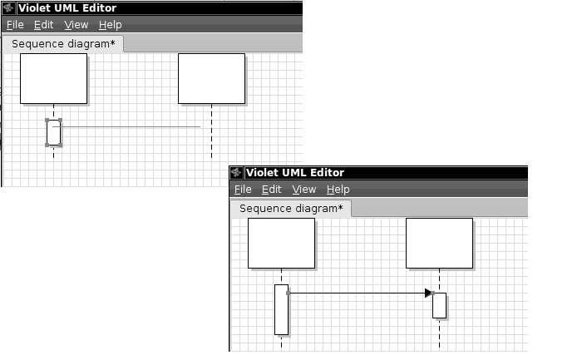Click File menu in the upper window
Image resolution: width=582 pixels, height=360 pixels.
pos(15,25)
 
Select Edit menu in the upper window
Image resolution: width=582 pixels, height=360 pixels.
pos(44,25)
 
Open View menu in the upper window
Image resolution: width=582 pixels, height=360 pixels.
pos(76,25)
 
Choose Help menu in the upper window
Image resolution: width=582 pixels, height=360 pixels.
pos(111,25)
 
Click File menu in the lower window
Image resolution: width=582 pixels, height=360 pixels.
pos(243,190)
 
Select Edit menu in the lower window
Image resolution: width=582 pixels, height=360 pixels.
pos(272,190)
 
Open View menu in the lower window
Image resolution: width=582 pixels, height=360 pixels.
pos(304,190)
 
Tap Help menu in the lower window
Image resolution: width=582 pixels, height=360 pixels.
pos(338,190)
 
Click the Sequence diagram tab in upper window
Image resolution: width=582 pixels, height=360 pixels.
pos(63,44)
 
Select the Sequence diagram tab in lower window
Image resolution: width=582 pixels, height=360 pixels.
pos(291,209)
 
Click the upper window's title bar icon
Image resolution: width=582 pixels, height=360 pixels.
pos(8,7)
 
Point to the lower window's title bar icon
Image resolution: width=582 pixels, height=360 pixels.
pos(236,173)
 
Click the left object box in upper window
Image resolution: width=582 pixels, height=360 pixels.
pos(54,79)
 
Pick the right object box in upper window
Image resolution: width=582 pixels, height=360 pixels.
pos(211,79)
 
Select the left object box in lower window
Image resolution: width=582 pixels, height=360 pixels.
pos(281,243)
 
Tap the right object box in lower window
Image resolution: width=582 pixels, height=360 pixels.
pos(440,243)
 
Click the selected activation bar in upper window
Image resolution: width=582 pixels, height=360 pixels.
pos(54,132)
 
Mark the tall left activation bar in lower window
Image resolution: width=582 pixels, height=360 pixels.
pos(281,310)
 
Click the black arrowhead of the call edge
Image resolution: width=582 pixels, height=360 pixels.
pos(428,293)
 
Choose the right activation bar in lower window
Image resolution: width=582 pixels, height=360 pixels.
pos(440,305)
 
